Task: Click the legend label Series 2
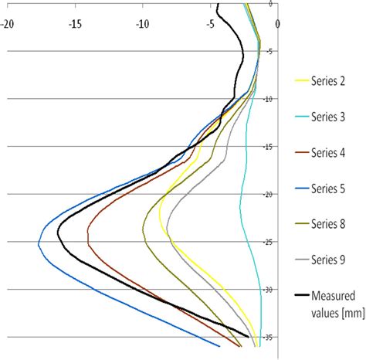point(330,80)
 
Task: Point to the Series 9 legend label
point(330,261)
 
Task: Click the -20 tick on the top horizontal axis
point(8,22)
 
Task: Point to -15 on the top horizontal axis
point(75,22)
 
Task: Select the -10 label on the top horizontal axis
point(142,22)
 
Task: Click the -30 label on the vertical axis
point(269,290)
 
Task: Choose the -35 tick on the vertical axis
point(269,337)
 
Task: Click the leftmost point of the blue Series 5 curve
point(39,243)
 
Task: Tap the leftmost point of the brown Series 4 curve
point(87,236)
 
